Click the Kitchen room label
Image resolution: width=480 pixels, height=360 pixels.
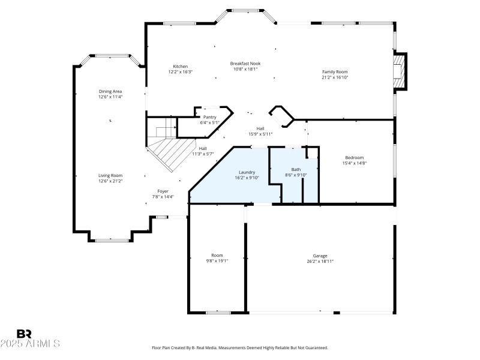(181, 66)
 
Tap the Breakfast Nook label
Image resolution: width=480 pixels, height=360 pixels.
(245, 63)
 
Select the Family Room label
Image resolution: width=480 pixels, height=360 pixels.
(335, 71)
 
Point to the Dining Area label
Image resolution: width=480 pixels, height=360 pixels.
(110, 91)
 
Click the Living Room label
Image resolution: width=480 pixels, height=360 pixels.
(110, 175)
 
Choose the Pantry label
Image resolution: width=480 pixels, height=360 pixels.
(209, 117)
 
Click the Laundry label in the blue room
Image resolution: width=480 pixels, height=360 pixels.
(247, 172)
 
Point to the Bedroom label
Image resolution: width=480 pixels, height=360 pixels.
(354, 157)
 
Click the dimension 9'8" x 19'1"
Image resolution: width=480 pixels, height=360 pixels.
(217, 261)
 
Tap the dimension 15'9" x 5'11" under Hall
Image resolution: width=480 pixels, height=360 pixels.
(260, 134)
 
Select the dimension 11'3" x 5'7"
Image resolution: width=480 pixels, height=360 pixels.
(203, 154)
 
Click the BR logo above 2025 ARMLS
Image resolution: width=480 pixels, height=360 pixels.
(24, 334)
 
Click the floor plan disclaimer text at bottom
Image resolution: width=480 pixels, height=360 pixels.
(240, 348)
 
